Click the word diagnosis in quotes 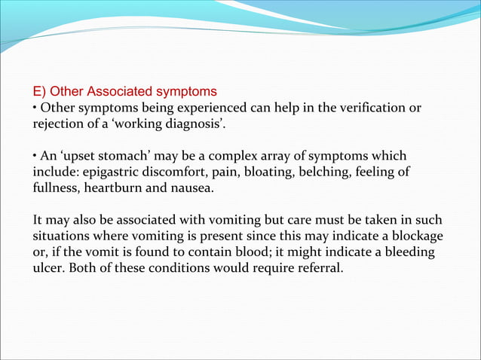(192, 124)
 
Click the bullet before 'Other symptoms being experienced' (35, 108)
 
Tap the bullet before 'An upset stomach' (35, 156)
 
